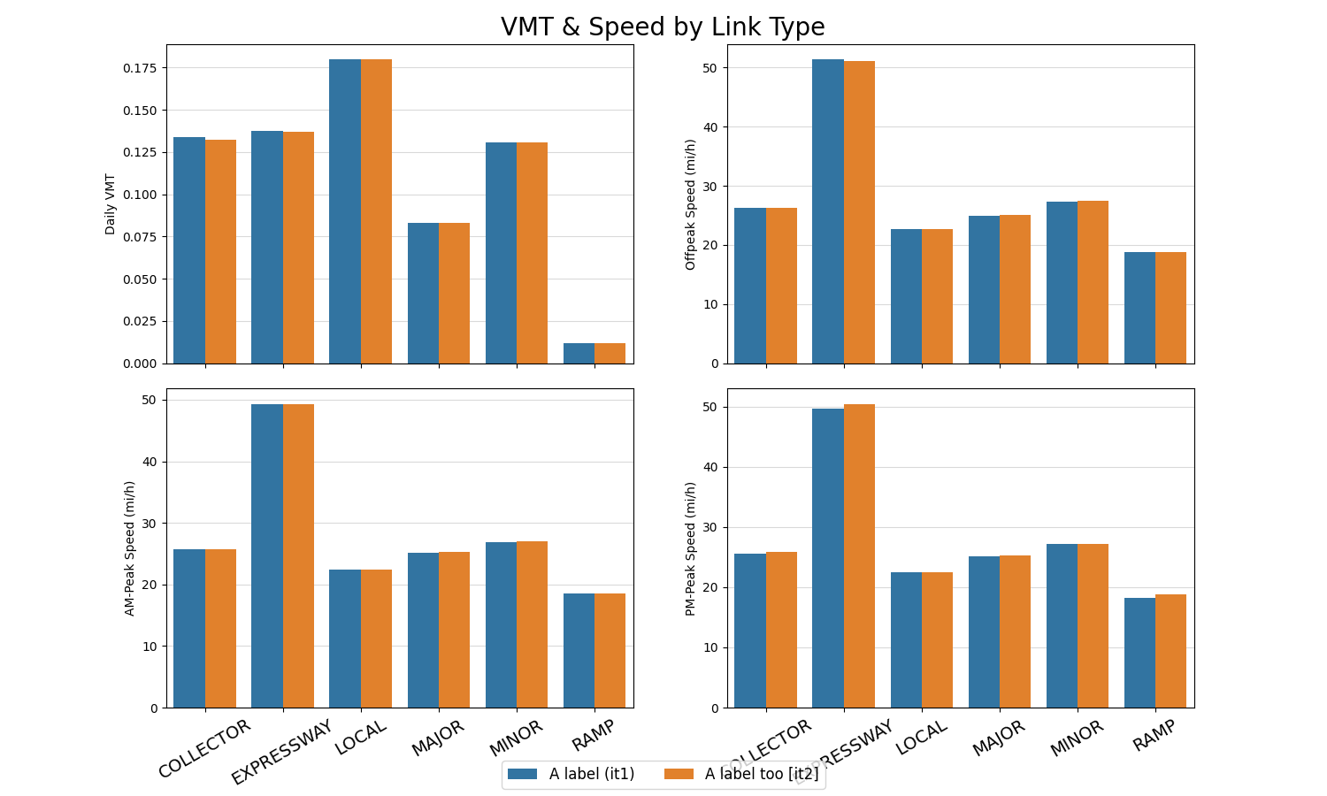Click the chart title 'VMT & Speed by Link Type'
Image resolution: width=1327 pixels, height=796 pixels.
click(x=663, y=27)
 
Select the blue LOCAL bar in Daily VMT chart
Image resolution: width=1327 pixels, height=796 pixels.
click(x=345, y=211)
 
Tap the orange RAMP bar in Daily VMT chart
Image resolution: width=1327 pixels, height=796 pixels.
click(x=610, y=353)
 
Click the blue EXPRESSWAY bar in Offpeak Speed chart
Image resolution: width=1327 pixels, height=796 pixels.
click(x=828, y=211)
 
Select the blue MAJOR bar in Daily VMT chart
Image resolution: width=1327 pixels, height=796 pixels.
click(x=423, y=293)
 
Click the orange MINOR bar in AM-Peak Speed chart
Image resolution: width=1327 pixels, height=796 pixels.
click(x=532, y=624)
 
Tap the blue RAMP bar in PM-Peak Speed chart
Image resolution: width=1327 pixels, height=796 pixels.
click(x=1139, y=653)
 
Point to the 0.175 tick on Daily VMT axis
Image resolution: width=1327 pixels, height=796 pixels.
click(x=140, y=68)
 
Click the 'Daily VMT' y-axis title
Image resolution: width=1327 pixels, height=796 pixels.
click(x=111, y=203)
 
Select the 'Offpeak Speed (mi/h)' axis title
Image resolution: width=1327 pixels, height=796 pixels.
click(x=691, y=203)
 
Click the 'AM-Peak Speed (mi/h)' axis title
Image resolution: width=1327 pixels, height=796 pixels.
click(x=130, y=548)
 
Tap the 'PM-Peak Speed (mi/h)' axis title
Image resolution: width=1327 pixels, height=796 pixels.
click(x=691, y=548)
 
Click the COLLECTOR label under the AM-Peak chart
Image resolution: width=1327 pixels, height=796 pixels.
click(x=205, y=748)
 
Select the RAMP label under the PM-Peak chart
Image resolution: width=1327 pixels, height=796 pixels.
click(x=1154, y=736)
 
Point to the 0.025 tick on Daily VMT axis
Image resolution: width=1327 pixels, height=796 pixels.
click(x=140, y=321)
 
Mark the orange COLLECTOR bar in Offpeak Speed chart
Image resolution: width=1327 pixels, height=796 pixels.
click(x=781, y=286)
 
